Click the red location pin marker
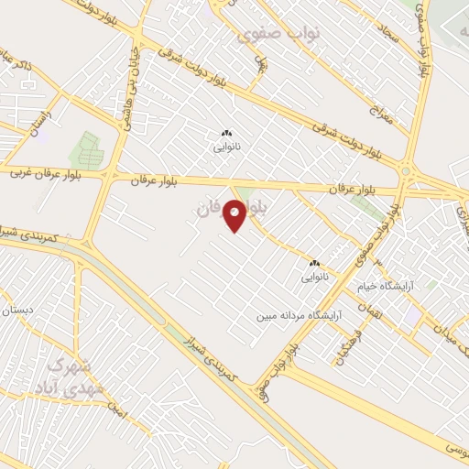point(235,215)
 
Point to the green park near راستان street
point(85,149)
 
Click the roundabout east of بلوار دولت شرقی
point(405,170)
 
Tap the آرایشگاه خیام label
point(413,285)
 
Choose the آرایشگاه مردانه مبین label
point(299,316)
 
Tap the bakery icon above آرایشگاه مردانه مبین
point(314,262)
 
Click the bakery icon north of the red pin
point(225,133)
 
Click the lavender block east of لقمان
point(413,314)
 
